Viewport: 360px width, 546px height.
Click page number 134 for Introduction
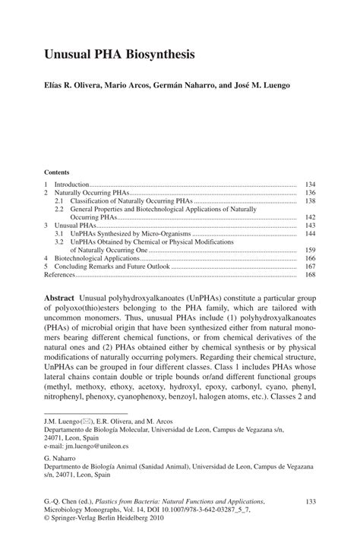310,185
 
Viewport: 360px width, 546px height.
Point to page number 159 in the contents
310,249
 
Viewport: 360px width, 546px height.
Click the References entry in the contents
60,276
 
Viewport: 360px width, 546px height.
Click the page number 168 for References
310,276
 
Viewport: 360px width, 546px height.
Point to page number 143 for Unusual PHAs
310,226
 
